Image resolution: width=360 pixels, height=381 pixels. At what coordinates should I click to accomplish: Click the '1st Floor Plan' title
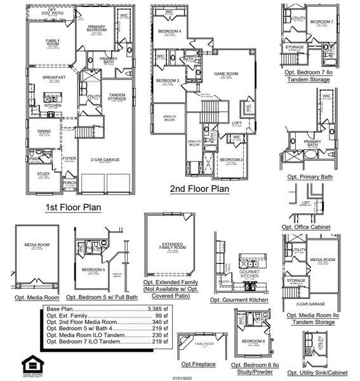[x=72, y=207]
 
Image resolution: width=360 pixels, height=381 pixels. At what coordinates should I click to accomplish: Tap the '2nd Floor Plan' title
[x=199, y=189]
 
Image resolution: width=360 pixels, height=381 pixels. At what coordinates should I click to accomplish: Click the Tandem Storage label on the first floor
[x=116, y=96]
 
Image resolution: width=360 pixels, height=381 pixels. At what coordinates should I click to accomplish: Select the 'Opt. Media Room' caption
[x=37, y=297]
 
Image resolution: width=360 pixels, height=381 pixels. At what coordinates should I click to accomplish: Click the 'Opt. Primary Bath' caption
[x=309, y=177]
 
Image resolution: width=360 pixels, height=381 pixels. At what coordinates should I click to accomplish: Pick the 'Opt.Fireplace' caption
[x=198, y=364]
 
